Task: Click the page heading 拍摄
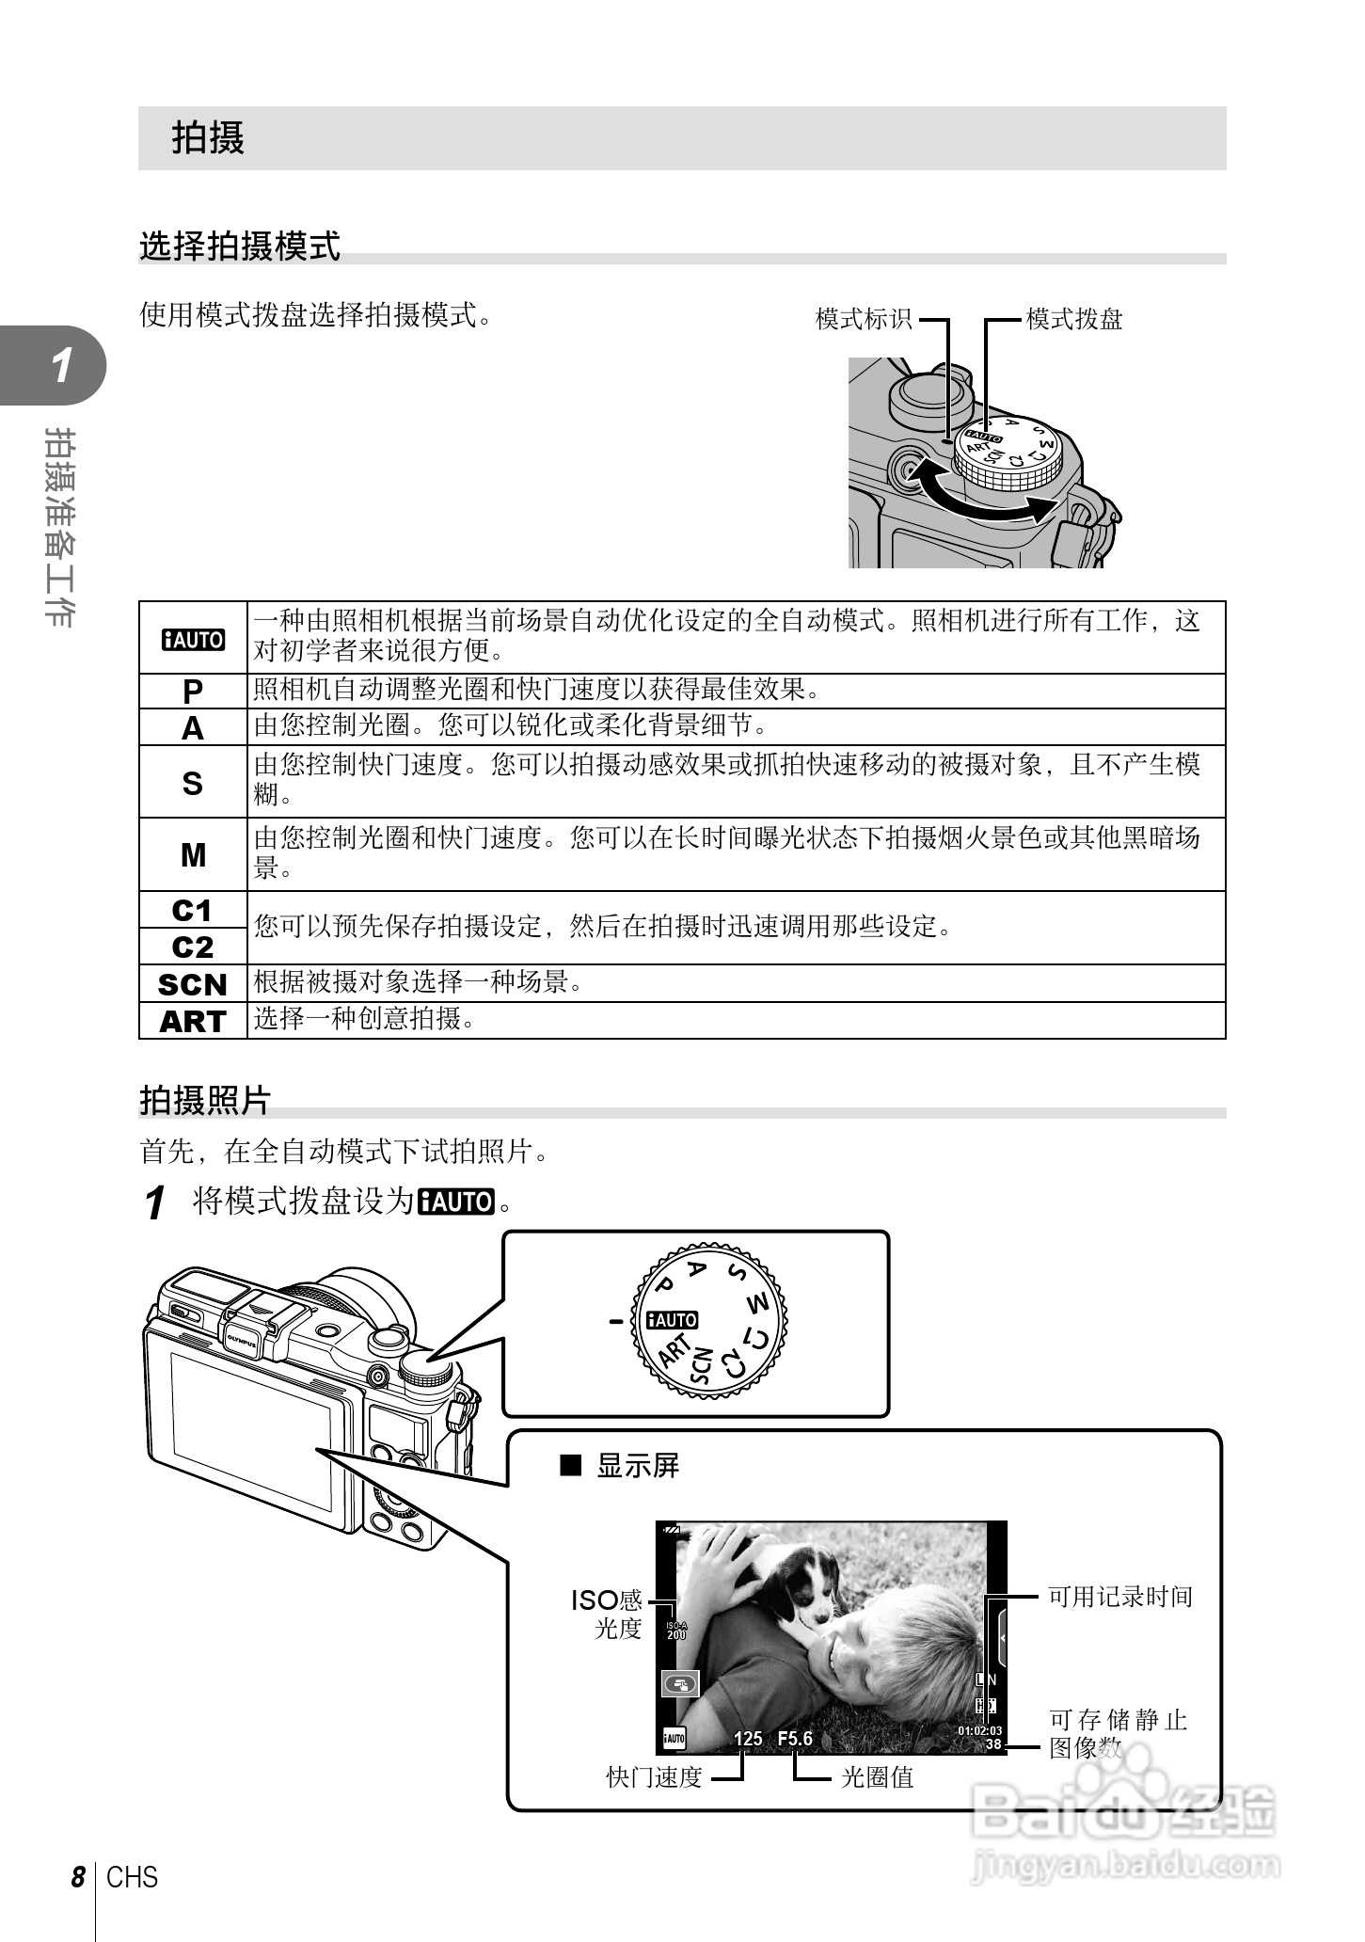click(208, 138)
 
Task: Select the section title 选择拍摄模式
click(240, 246)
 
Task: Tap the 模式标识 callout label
click(863, 319)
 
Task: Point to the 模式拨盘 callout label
click(1074, 319)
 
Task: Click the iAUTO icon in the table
click(193, 640)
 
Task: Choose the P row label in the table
click(193, 692)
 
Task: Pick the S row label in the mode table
click(193, 783)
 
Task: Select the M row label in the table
click(193, 855)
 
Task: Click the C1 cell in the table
click(193, 911)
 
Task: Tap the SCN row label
click(193, 984)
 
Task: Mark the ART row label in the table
click(193, 1021)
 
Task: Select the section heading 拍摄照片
click(205, 1100)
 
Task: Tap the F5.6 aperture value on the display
click(795, 1738)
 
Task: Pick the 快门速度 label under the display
click(654, 1777)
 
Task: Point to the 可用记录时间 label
click(1120, 1597)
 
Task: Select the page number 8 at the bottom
click(78, 1877)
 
